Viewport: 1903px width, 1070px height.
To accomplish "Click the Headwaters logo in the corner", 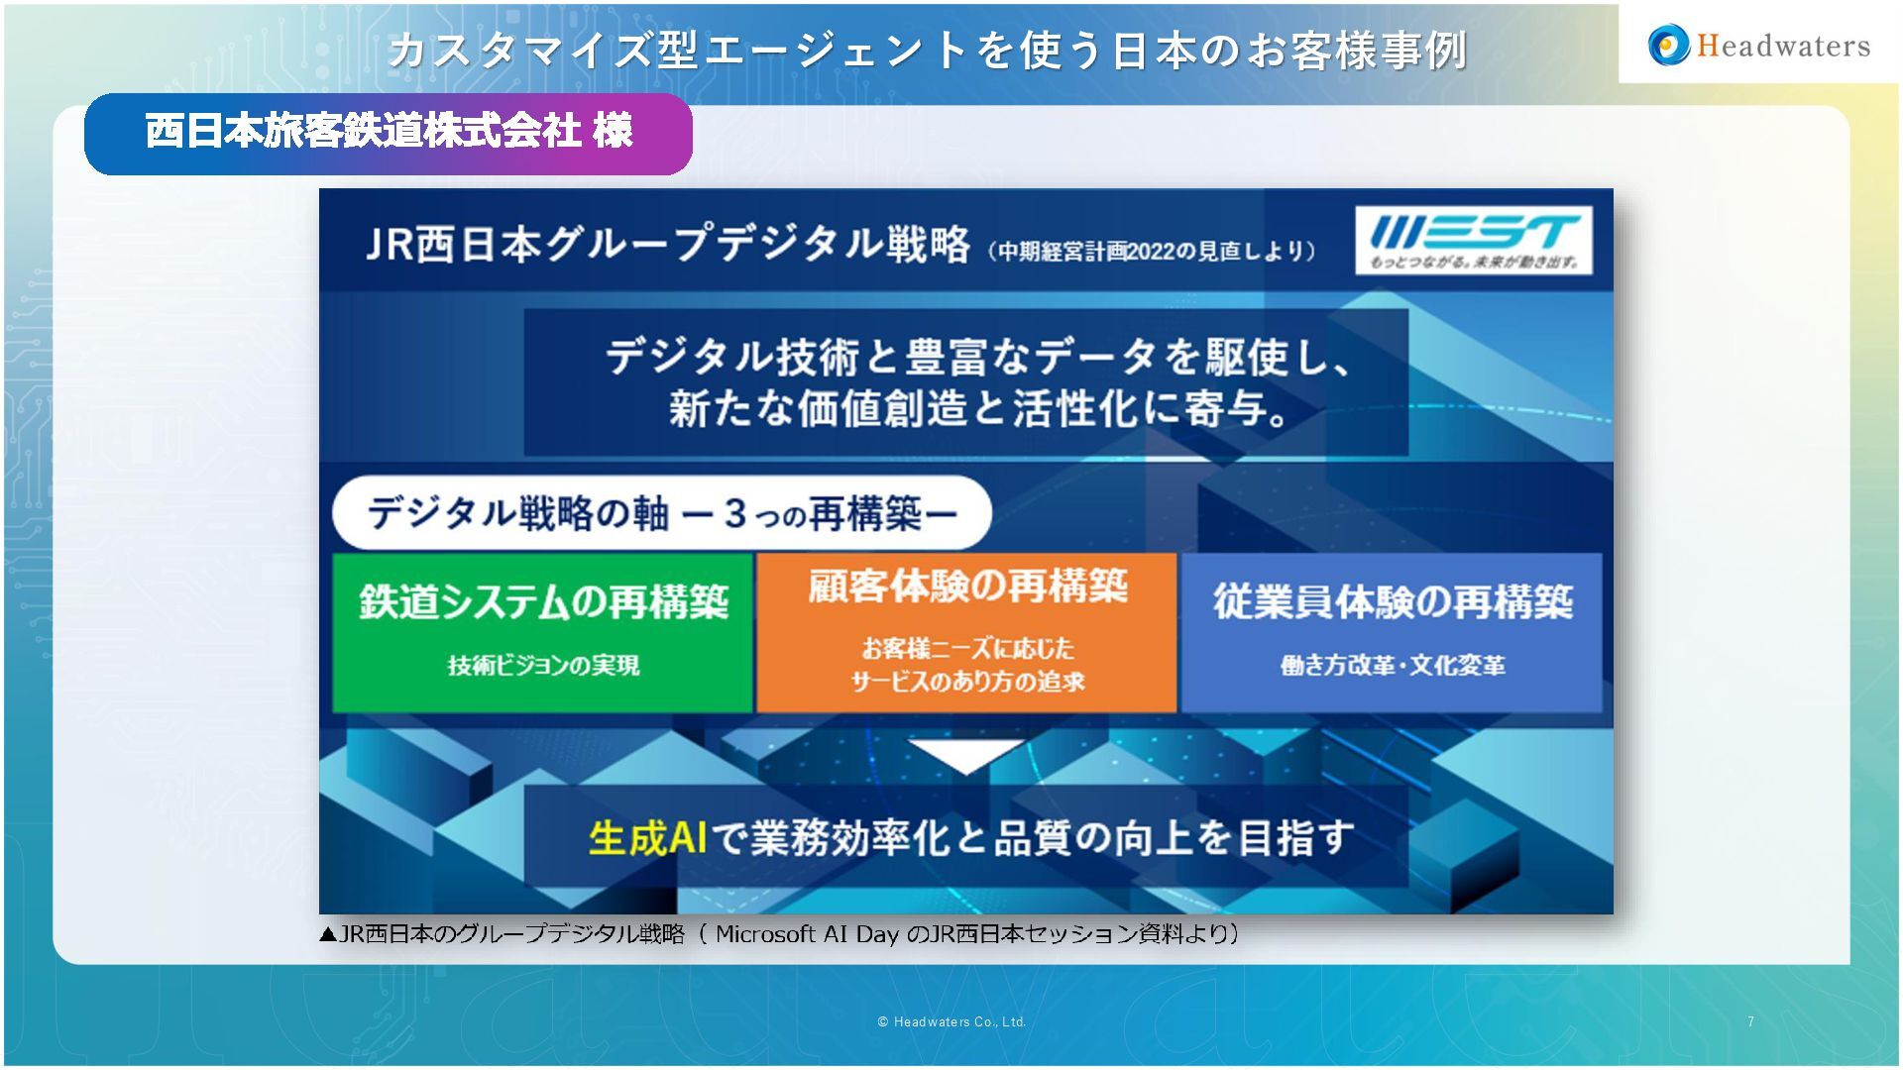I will click(1759, 46).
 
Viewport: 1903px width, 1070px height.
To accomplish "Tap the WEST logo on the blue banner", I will click(1474, 240).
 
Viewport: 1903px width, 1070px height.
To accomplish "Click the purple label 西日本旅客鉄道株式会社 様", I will click(388, 133).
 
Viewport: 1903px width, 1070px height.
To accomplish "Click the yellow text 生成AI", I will click(647, 838).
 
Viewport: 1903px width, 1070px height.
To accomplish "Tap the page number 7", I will click(1750, 1021).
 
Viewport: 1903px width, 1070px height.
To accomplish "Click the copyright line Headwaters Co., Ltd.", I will click(951, 1021).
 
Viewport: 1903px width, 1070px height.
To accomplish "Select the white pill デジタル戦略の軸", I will click(661, 513).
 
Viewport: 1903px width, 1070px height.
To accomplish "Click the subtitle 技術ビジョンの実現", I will click(543, 666).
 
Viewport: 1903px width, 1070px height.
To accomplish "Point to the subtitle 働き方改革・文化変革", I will click(1392, 666).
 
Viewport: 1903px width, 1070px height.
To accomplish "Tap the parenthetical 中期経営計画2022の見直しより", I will click(1151, 251).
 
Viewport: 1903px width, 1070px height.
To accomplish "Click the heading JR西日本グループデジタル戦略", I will click(667, 244).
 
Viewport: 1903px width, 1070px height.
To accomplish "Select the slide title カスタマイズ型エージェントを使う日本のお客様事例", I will click(927, 50).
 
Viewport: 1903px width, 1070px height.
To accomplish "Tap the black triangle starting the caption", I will click(328, 934).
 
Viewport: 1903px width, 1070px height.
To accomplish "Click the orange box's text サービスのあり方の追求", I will click(967, 682).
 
